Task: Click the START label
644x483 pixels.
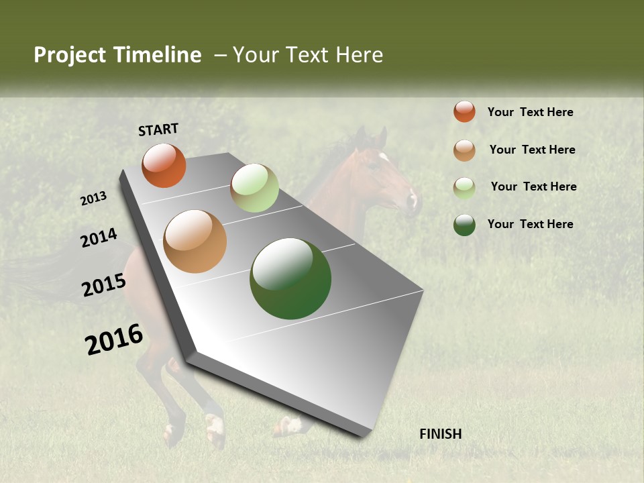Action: tap(158, 129)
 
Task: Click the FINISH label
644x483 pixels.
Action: tap(440, 434)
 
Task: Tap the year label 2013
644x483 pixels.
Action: tap(93, 199)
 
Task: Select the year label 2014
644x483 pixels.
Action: tap(99, 237)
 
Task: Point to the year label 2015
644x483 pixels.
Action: tap(104, 285)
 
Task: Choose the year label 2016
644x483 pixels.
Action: tap(114, 339)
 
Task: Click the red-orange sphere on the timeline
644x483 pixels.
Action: tap(164, 165)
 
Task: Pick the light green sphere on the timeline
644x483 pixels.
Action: tap(254, 188)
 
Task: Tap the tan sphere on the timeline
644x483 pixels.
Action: tap(195, 241)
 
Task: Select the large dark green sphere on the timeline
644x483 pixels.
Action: tap(290, 278)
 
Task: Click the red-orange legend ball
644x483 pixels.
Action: tap(464, 111)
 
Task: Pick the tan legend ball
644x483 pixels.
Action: tap(464, 150)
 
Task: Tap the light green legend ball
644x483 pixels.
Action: tap(464, 188)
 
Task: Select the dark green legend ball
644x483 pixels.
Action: tap(464, 225)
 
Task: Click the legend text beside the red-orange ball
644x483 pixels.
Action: tap(530, 112)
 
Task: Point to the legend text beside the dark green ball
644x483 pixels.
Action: tap(530, 224)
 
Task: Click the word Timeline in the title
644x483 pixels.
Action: tap(157, 55)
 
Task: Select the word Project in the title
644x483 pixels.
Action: tap(70, 55)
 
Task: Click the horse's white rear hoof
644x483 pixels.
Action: tap(215, 429)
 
